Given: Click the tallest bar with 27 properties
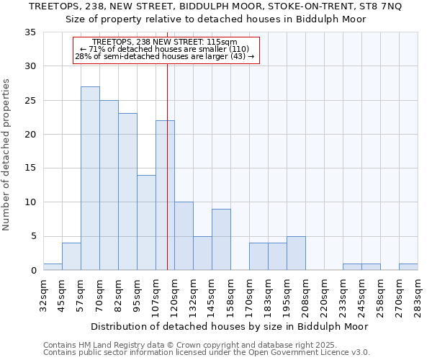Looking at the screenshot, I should tap(90, 179).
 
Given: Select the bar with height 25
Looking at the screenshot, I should tap(109, 185).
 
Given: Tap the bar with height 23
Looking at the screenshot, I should tap(127, 192).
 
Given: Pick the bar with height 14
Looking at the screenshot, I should tap(146, 222).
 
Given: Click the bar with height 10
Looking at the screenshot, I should tap(184, 236).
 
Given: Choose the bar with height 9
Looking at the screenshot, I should tap(221, 240).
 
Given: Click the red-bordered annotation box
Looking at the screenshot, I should tap(166, 50).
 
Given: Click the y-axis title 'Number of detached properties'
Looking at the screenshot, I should tap(7, 155).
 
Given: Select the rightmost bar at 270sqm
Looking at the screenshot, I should tap(408, 267).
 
